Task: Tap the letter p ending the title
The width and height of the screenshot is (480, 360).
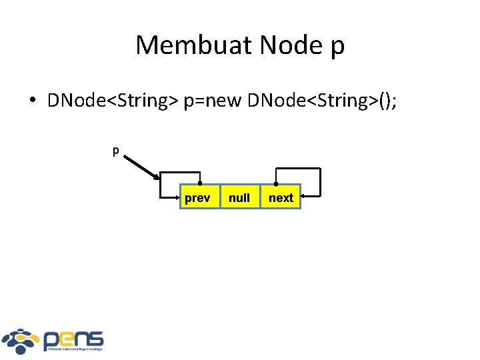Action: (x=337, y=47)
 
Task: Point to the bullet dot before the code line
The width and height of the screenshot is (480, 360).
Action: (x=32, y=101)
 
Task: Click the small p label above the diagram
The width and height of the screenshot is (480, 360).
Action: (x=115, y=151)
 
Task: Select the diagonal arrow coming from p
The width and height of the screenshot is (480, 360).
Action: (x=141, y=167)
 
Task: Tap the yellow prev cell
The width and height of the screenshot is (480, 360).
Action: (x=197, y=197)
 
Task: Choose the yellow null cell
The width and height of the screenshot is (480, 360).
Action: (x=239, y=197)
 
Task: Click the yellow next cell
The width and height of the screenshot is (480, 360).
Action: (x=281, y=197)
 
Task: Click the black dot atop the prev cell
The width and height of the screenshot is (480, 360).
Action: (x=200, y=183)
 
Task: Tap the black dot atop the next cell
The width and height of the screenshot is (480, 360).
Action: (x=275, y=183)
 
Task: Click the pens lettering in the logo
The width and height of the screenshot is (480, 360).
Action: (x=73, y=338)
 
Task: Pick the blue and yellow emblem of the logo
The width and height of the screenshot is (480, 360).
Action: (x=21, y=341)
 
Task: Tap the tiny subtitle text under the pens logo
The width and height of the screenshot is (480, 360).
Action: (x=73, y=349)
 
